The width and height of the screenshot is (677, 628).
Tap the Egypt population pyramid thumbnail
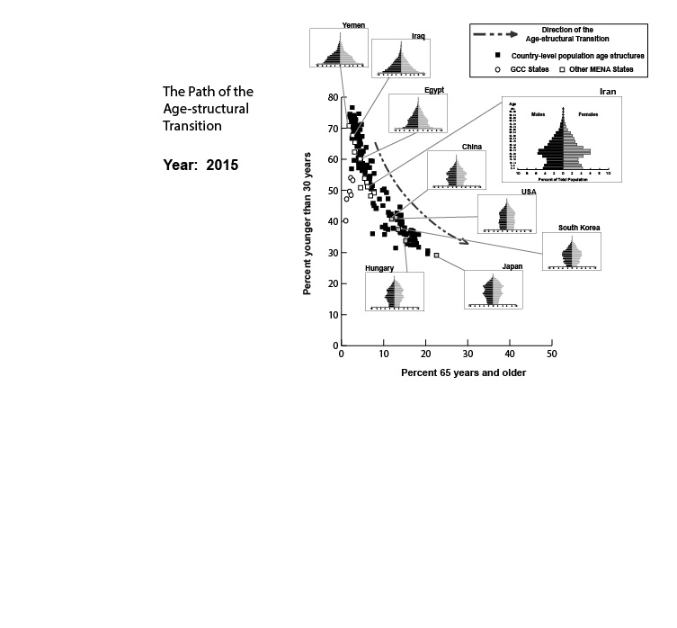417,113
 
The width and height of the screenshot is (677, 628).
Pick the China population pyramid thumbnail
457,169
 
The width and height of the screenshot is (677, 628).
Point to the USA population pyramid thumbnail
506,214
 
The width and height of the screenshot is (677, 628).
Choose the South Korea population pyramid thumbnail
571,251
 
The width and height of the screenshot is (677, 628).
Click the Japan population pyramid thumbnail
493,290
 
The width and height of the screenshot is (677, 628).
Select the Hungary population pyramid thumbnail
394,291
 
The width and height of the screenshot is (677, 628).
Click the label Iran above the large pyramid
607,92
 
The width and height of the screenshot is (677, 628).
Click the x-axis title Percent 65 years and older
463,372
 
